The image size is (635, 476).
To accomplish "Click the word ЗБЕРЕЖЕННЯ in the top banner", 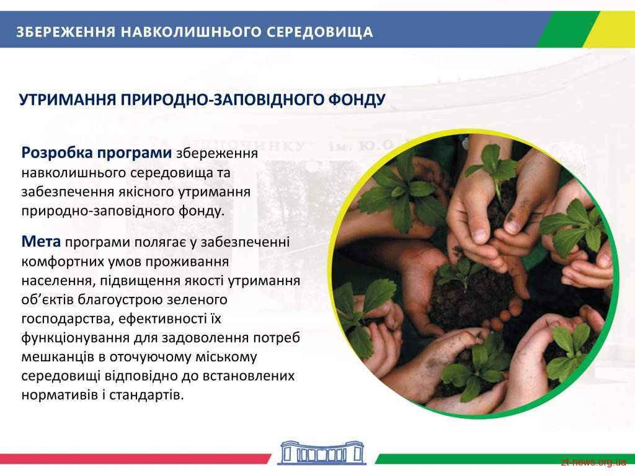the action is [x=66, y=32].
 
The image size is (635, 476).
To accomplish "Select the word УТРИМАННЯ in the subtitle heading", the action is [x=68, y=99].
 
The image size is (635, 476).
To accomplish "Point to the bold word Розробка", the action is [x=57, y=153].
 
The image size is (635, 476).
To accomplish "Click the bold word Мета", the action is [x=41, y=242].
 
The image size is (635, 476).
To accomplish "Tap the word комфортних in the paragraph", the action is [x=63, y=262].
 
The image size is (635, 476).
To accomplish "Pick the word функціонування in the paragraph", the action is [x=76, y=338].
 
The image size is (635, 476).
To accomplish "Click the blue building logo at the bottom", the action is [x=322, y=452].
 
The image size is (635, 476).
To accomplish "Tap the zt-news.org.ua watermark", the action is [x=593, y=462].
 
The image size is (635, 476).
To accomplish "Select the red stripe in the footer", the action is [x=135, y=459].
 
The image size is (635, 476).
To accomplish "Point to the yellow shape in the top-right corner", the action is [x=610, y=29].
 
